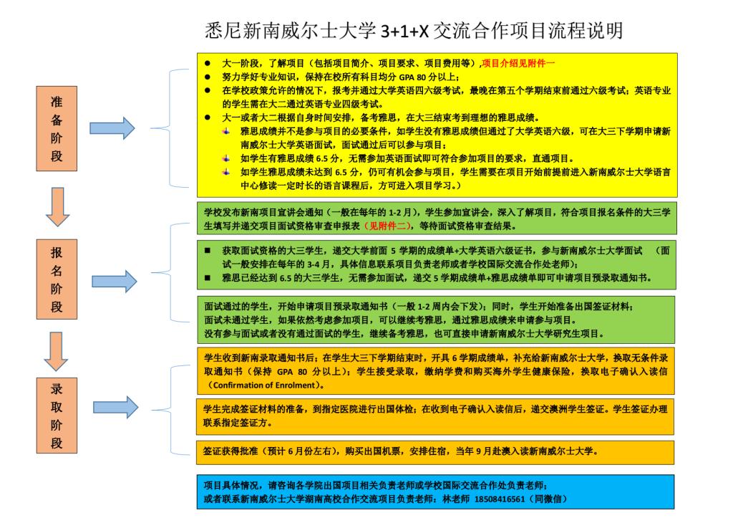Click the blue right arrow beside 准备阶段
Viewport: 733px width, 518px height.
coord(112,128)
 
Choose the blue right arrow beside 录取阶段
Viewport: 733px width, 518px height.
coord(112,406)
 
